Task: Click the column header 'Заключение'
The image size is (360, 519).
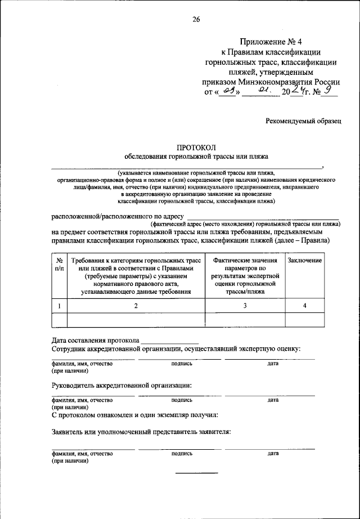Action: coord(304,261)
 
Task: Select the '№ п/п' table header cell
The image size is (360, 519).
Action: coord(59,265)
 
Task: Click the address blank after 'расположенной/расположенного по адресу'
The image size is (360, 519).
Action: coord(262,217)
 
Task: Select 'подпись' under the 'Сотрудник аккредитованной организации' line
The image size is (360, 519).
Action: coord(182,364)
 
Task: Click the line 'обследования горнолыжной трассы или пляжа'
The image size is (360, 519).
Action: coord(196,156)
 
